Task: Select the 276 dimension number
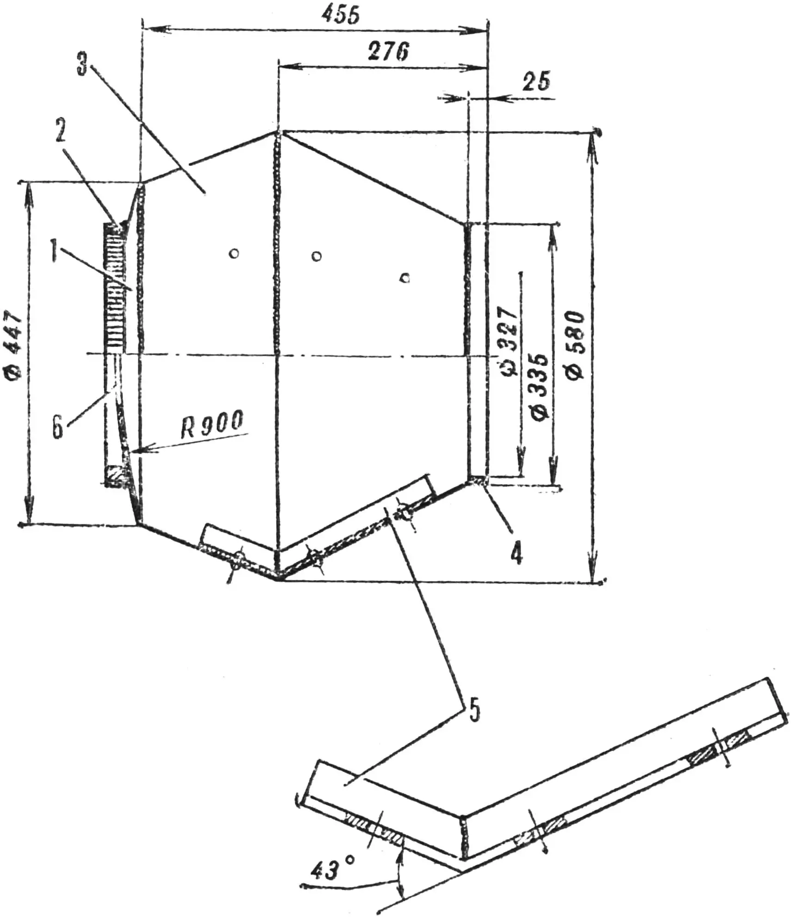pyautogui.click(x=388, y=51)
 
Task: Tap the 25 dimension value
pyautogui.click(x=536, y=82)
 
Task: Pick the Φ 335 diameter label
pyautogui.click(x=540, y=387)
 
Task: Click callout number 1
pyautogui.click(x=55, y=252)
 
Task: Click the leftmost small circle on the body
pyautogui.click(x=234, y=253)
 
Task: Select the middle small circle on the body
pyautogui.click(x=316, y=256)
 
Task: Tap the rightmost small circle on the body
pyautogui.click(x=405, y=278)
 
